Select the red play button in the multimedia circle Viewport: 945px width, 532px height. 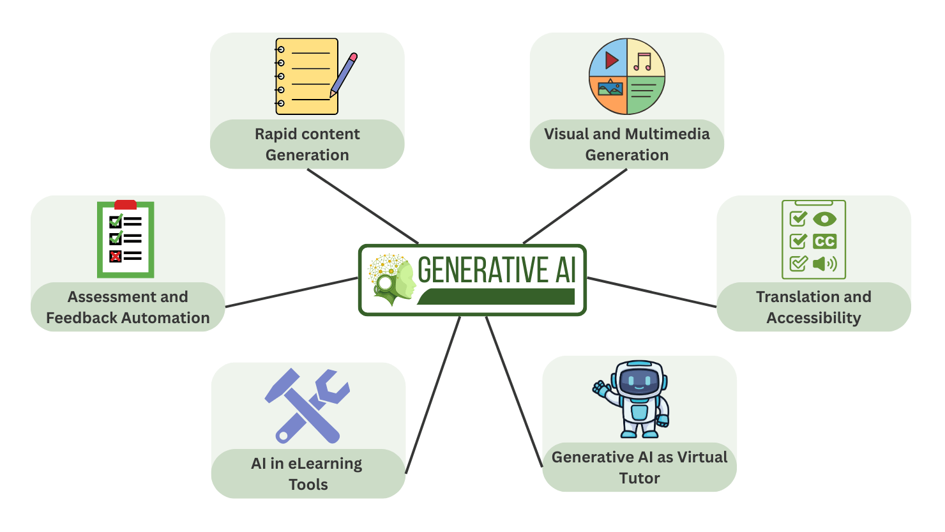[611, 60]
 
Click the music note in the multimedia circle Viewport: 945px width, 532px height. [643, 61]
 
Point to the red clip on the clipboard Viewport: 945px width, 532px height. [125, 205]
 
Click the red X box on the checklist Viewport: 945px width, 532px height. [116, 256]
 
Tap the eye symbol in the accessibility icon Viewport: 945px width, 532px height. [824, 219]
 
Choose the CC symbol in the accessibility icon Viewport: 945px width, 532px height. [824, 241]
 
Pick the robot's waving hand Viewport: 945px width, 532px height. [601, 388]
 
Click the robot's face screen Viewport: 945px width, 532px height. [639, 382]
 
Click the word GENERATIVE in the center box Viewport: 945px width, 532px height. [483, 270]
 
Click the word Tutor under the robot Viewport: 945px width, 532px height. [639, 478]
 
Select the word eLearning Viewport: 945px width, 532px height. [325, 464]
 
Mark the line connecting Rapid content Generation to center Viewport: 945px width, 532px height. [363, 206]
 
